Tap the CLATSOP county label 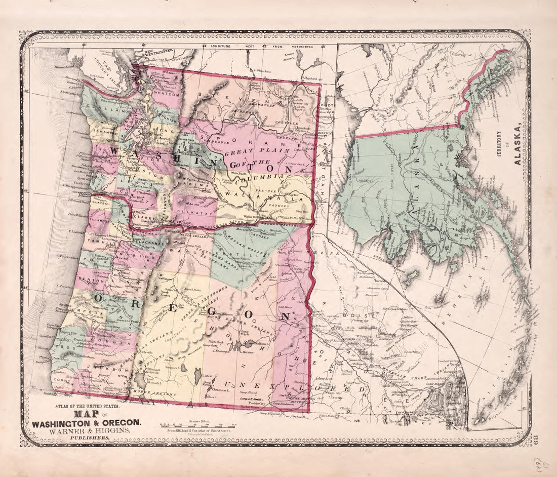click(x=100, y=203)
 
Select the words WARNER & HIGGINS click(x=87, y=430)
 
